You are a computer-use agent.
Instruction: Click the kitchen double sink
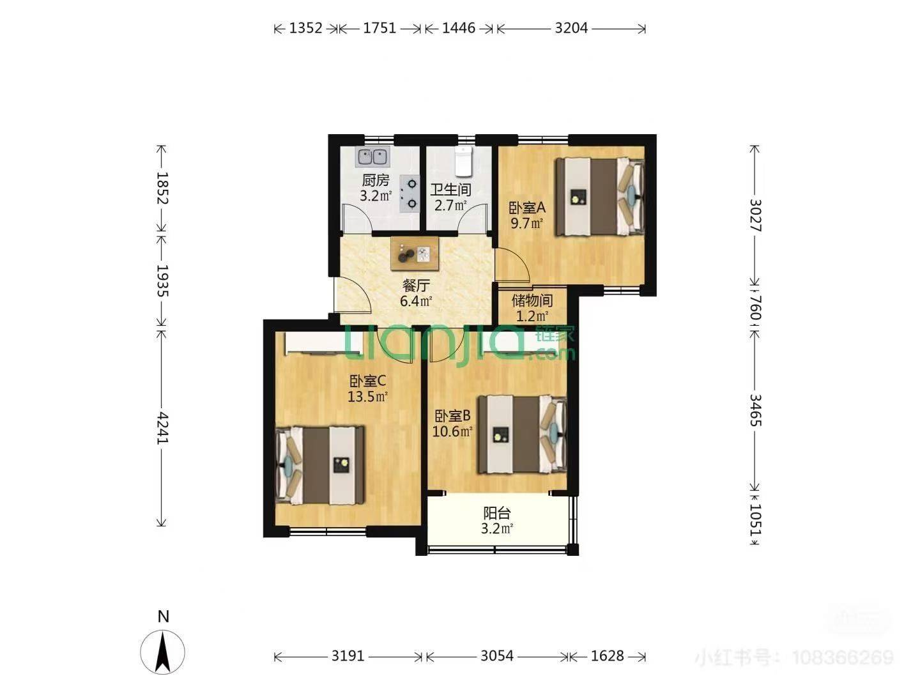pos(372,157)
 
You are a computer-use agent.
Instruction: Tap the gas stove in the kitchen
pos(410,194)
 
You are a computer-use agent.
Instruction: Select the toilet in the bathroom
pos(464,162)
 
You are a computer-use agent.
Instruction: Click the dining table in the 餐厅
pos(415,254)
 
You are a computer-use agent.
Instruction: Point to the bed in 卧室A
pos(600,197)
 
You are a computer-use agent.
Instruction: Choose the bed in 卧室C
pos(319,465)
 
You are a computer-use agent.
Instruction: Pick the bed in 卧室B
pos(523,434)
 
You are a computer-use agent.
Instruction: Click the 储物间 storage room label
pos(532,300)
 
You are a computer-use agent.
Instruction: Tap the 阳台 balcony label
pos(496,513)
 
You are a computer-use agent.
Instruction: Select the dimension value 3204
pos(571,28)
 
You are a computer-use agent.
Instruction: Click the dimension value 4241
pos(162,428)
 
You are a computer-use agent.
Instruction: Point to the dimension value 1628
pos(607,655)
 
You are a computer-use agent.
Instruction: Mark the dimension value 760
pos(755,308)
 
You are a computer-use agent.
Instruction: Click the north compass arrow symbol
pos(163,652)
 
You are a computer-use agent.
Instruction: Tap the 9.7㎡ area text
pos(527,223)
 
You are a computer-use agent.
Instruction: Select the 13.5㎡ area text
pos(367,396)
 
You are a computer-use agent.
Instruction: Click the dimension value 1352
pos(305,28)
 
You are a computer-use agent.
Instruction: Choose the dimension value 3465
pos(755,410)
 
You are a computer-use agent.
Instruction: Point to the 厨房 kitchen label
pos(376,180)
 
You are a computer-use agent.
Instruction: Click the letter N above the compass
pos(164,617)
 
